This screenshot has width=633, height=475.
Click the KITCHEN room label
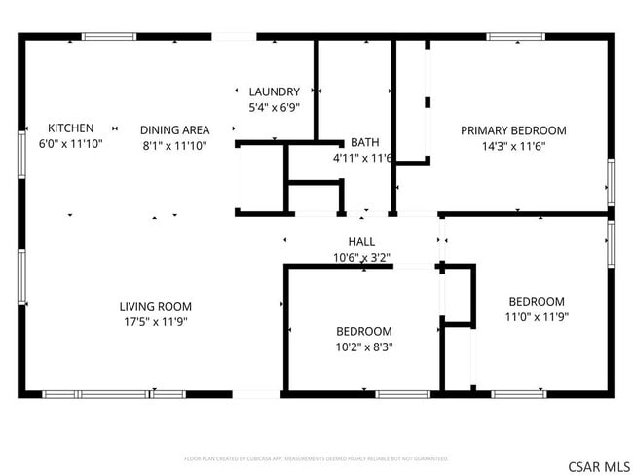(71, 128)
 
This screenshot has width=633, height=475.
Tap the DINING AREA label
(174, 129)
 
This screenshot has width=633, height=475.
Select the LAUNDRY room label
(274, 92)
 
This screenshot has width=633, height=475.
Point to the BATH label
(365, 141)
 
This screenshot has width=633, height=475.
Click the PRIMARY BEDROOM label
(513, 130)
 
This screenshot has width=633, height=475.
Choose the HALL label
(361, 241)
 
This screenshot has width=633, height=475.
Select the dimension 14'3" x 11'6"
(513, 146)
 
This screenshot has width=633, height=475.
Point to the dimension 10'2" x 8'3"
(364, 347)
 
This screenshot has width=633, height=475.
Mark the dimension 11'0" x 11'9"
(536, 317)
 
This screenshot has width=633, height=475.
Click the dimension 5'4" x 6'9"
(274, 108)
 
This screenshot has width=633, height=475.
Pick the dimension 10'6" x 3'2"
(361, 258)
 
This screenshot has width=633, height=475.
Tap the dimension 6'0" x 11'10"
(71, 143)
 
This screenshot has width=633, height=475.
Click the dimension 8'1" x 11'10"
(174, 145)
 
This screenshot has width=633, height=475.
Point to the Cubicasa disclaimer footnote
(316, 457)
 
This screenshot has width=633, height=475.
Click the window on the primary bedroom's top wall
(515, 37)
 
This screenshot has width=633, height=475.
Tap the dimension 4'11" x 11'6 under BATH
(361, 157)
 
